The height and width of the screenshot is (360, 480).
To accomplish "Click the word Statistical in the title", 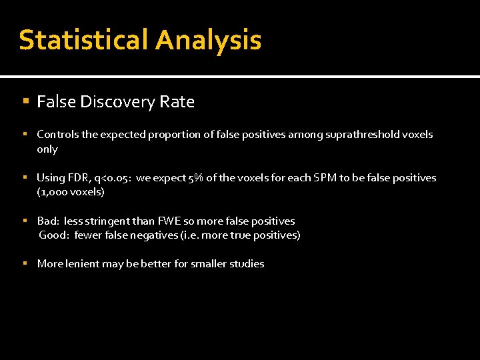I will [x=83, y=40].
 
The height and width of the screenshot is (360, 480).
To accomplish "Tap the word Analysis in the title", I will [x=208, y=40].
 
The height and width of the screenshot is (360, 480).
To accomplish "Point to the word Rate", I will [x=177, y=102].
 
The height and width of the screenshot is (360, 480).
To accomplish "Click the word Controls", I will [x=57, y=135].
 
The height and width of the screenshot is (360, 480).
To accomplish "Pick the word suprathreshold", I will [x=362, y=135].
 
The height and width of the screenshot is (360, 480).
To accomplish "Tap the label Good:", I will [x=54, y=235].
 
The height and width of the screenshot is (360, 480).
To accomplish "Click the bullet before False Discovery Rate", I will [x=25, y=102].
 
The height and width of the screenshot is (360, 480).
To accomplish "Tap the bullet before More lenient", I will [x=25, y=264].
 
